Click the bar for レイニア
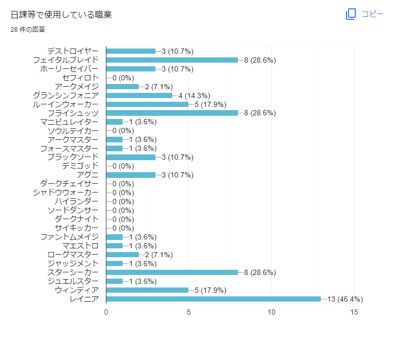point(213,299)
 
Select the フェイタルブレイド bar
point(172,60)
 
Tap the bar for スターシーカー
point(172,272)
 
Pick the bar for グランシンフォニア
point(139,95)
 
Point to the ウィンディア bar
point(148,290)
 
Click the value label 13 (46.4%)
point(345,299)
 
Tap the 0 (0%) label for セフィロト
point(123,78)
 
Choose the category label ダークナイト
point(76,219)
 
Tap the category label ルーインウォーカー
point(65,104)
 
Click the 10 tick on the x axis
point(272,312)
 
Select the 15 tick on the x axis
point(354,312)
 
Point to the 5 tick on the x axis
point(189,312)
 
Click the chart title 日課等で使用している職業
point(61,15)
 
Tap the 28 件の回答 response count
point(28,30)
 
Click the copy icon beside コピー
point(351,14)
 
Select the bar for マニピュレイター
point(114,122)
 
